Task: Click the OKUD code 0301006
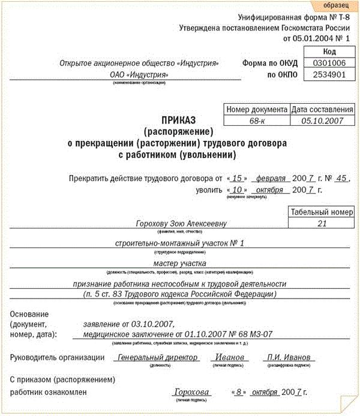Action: tap(325, 63)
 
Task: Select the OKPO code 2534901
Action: tap(325, 75)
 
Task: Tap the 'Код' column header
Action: tap(325, 52)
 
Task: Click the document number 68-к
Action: tap(256, 120)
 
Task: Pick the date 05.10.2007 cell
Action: tap(322, 120)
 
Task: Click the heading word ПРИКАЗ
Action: tap(182, 120)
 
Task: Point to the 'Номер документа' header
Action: tap(256, 110)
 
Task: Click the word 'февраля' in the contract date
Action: tap(270, 179)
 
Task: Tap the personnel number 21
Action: tap(322, 223)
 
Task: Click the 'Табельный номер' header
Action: tap(322, 212)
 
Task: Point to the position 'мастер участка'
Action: tap(180, 263)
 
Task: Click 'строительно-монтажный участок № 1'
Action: tap(180, 243)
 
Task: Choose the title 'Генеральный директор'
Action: tap(150, 357)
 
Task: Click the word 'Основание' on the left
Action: tap(28, 314)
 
